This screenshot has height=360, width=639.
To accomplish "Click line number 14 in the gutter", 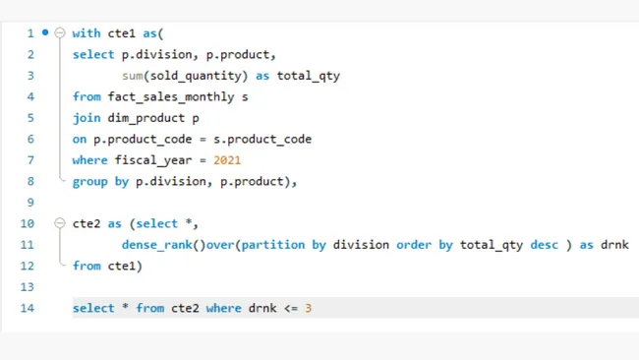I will click(x=29, y=309).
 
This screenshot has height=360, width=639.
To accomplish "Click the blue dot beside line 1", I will click(x=45, y=32).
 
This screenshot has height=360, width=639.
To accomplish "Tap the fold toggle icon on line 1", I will click(x=59, y=33).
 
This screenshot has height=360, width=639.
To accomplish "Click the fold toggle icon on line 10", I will click(x=59, y=223).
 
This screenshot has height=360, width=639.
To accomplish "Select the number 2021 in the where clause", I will click(x=226, y=160).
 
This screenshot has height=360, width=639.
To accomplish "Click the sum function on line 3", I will click(x=132, y=75).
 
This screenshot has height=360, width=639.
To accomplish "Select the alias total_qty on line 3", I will click(x=308, y=75).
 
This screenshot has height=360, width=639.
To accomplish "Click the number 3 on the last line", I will click(x=308, y=309).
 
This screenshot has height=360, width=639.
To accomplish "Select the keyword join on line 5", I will click(x=86, y=118).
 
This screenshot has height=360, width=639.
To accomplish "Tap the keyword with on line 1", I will click(x=87, y=33).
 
